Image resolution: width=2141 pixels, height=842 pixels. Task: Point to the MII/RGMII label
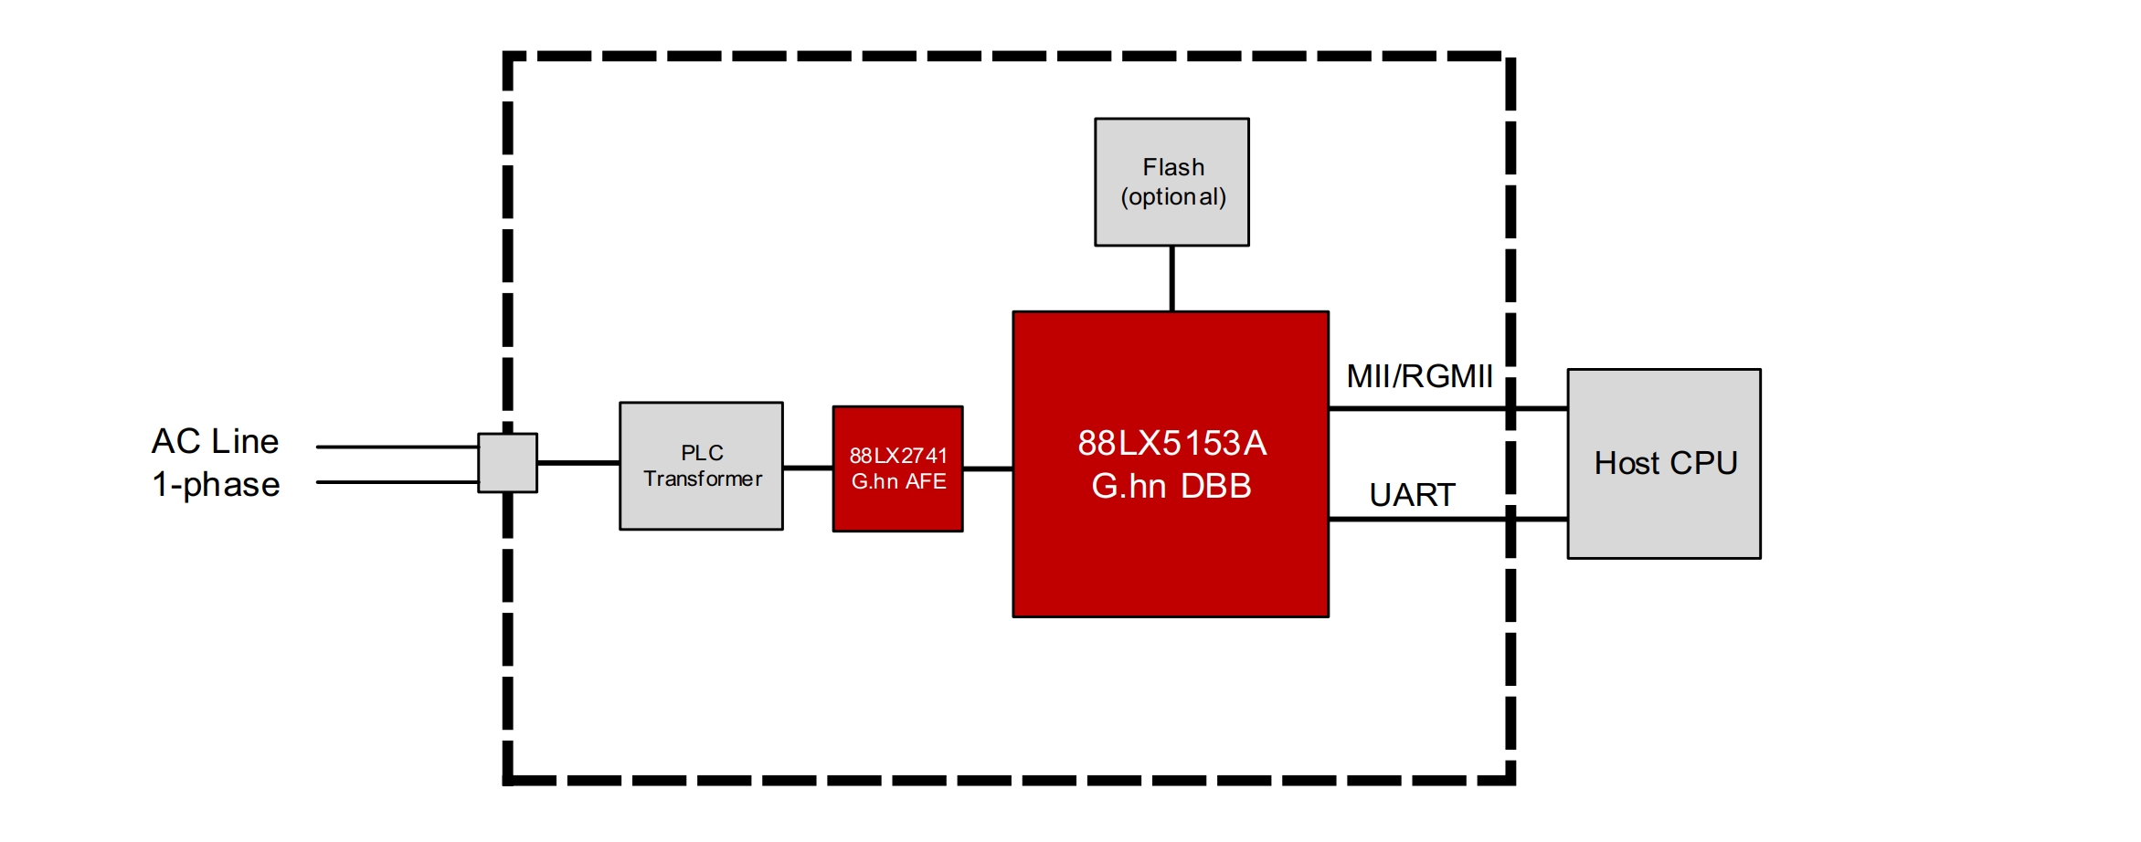[1419, 376]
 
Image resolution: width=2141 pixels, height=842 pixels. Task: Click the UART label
[1412, 495]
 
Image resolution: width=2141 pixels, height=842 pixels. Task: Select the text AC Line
[216, 441]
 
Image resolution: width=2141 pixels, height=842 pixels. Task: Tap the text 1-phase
[216, 484]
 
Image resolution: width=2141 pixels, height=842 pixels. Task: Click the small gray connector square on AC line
[507, 463]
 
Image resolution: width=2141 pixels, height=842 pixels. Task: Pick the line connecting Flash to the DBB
[1171, 279]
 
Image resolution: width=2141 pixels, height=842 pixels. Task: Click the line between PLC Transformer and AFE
[808, 468]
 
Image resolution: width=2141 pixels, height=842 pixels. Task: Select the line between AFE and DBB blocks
[988, 468]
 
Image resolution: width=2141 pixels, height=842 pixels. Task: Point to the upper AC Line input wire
[397, 447]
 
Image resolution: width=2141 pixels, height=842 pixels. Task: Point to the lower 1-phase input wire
[397, 481]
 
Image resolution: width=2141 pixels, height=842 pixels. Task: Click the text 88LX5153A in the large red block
[1171, 443]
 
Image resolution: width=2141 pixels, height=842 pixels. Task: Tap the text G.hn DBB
[1171, 486]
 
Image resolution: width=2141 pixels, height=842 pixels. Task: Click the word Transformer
[702, 479]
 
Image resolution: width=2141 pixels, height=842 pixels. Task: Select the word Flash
[1173, 167]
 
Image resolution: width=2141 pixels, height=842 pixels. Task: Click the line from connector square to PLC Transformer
[578, 463]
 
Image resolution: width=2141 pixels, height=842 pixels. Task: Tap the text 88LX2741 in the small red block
[898, 455]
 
